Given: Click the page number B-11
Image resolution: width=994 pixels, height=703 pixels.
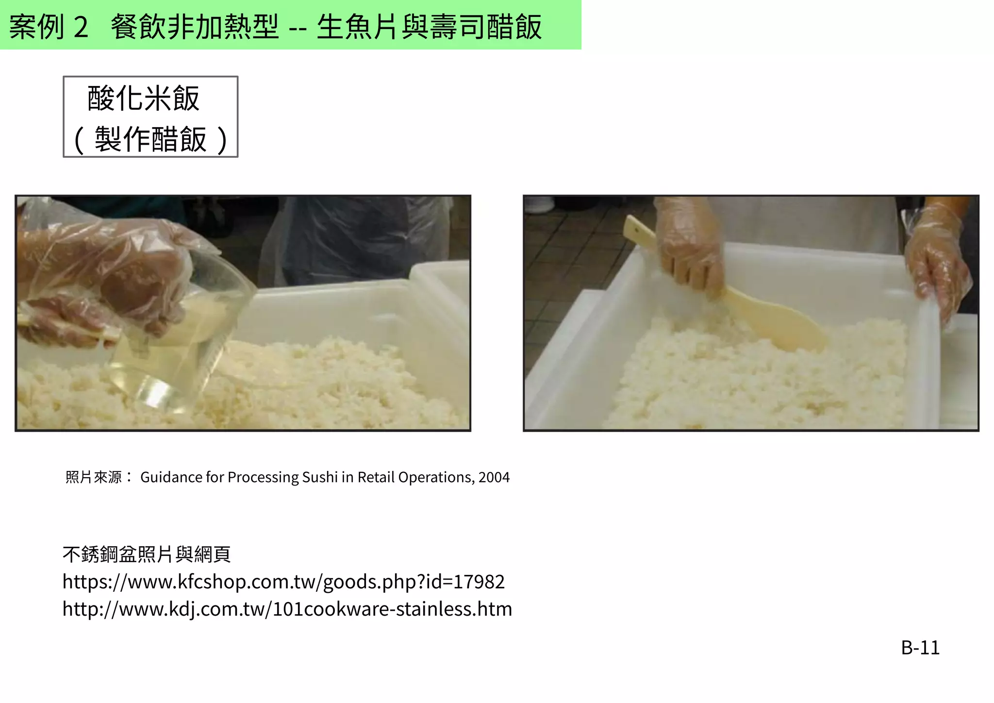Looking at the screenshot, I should point(920,648).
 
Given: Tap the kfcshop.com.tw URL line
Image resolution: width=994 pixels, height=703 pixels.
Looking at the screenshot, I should point(283,582).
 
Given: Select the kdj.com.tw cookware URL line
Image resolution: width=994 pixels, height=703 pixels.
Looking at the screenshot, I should point(287,609).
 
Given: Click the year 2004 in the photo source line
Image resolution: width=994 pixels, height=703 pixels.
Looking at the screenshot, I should point(494,477).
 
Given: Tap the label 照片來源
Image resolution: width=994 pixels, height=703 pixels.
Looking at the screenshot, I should point(94,477).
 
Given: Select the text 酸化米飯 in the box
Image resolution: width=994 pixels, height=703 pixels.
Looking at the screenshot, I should point(144,99).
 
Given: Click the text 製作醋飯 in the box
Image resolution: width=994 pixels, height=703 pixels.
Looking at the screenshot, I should point(150,139).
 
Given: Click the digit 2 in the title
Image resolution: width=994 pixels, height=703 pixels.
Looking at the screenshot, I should point(81,27).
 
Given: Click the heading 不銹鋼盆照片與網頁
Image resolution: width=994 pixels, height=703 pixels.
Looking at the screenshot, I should point(147,554).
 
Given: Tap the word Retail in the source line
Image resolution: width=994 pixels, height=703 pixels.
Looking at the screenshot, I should point(376,477).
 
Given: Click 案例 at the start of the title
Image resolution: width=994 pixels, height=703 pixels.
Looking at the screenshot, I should point(37,27).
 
